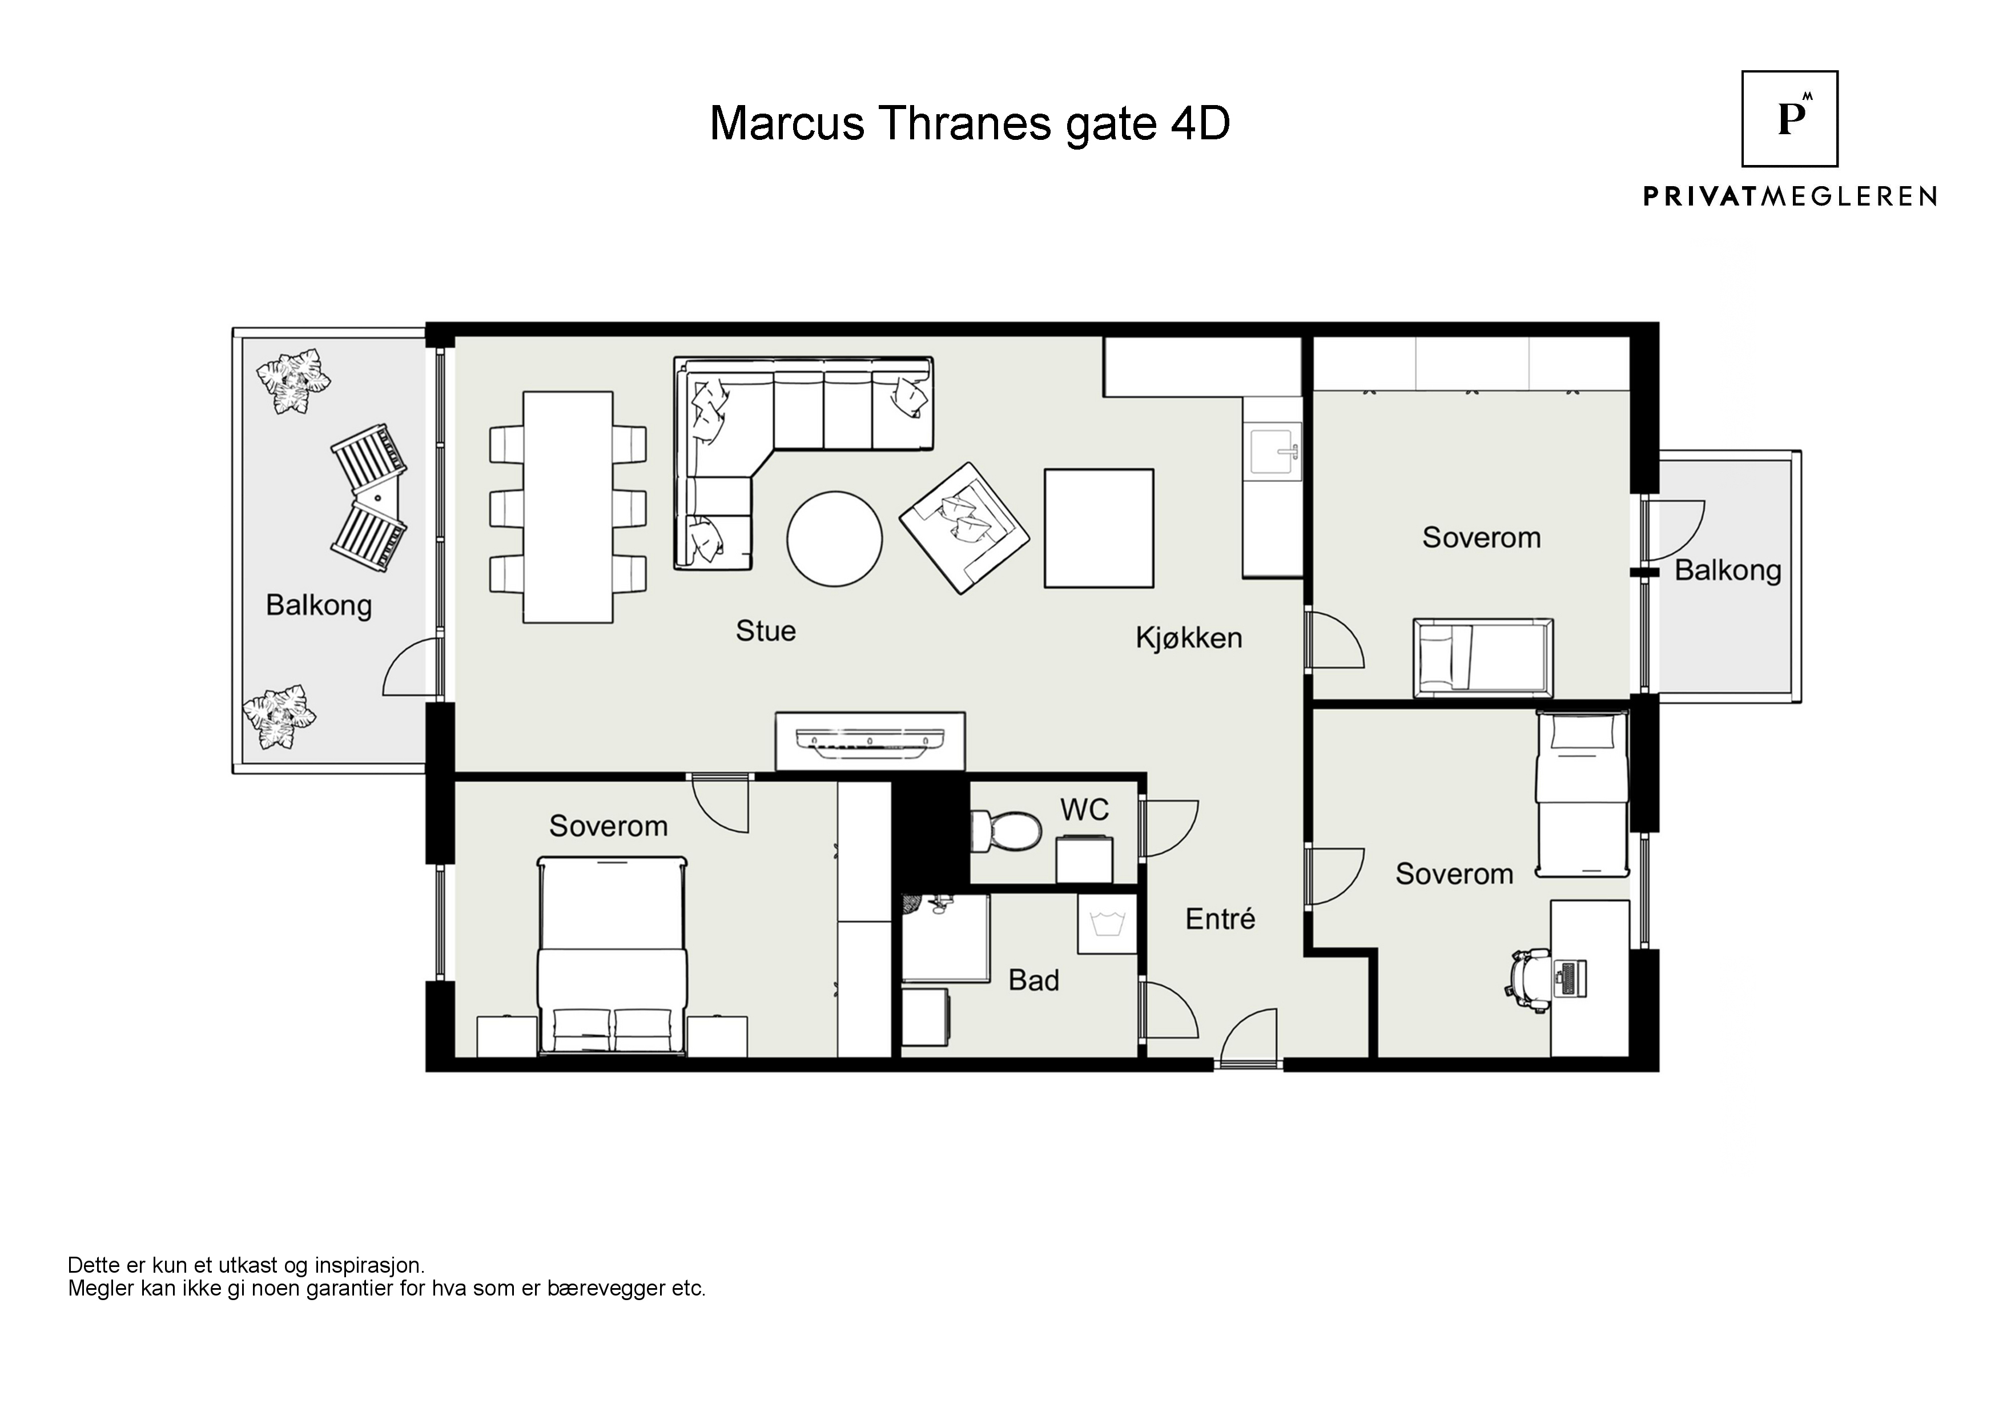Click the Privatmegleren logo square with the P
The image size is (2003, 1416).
[1789, 119]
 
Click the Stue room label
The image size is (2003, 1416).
[765, 631]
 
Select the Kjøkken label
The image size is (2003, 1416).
[1188, 638]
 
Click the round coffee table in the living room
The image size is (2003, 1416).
[835, 539]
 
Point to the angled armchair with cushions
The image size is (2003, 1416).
[964, 528]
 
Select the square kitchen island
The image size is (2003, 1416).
[1099, 528]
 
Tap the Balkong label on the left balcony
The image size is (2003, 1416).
[319, 605]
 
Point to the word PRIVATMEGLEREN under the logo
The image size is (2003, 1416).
[1790, 196]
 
